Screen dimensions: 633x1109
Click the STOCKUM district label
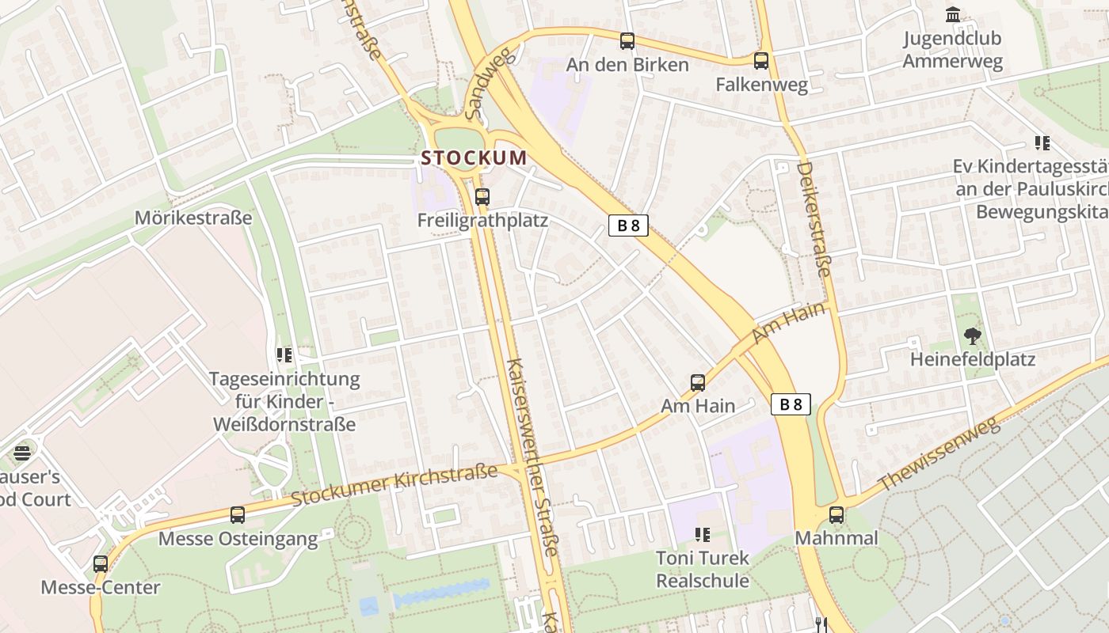[473, 157]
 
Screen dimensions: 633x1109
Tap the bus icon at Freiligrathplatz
[482, 197]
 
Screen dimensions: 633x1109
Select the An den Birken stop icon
[627, 41]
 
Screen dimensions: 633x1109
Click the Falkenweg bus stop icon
[760, 60]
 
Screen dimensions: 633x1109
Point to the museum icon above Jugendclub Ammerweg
[952, 14]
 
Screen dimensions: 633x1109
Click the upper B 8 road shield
[628, 226]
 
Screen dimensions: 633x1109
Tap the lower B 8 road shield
[791, 404]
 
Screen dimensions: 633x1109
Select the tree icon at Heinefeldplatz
[972, 336]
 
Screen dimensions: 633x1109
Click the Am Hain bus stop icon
[697, 383]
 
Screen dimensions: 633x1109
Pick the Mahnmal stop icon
[836, 515]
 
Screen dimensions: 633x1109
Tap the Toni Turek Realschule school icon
[702, 535]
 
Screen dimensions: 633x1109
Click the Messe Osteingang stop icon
[237, 515]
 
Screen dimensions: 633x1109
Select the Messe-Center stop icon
[101, 564]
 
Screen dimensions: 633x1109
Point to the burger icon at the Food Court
[22, 453]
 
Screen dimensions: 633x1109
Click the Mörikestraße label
[193, 218]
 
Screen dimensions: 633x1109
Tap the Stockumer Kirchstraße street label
[394, 485]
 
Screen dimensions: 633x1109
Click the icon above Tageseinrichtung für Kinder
[284, 355]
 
